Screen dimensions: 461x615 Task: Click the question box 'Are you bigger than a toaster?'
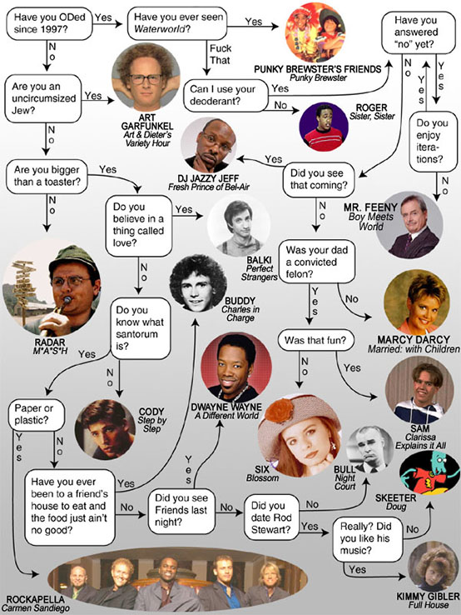pos(47,177)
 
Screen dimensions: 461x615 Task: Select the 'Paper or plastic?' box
pos(37,414)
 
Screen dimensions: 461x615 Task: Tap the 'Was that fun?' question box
pos(315,340)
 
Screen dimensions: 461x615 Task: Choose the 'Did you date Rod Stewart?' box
pos(271,517)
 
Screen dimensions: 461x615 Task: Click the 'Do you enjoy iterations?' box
pos(433,141)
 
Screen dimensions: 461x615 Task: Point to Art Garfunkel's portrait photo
pos(146,77)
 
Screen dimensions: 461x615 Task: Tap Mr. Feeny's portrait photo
pos(409,225)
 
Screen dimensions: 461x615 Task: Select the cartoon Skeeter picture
pos(429,472)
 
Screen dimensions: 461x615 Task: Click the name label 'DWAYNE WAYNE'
pos(226,407)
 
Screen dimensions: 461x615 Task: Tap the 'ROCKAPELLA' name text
pos(35,599)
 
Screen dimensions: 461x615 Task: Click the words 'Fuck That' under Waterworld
pos(221,54)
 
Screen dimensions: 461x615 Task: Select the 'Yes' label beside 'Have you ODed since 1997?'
pos(103,17)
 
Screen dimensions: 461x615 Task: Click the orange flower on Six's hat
pos(280,410)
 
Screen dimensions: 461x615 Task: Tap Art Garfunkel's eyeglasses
pos(146,79)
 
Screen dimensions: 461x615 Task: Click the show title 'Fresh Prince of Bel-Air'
pos(209,187)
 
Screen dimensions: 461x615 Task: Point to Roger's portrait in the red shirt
pos(324,127)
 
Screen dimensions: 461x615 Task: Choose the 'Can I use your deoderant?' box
pos(226,95)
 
